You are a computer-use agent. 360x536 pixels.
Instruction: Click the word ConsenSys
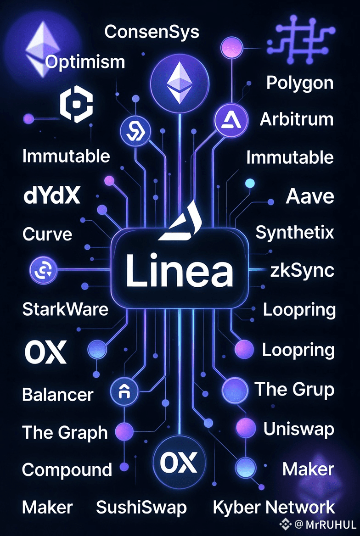click(x=152, y=32)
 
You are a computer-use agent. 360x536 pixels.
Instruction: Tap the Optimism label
click(x=85, y=61)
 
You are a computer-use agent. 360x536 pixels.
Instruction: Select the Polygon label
click(x=300, y=83)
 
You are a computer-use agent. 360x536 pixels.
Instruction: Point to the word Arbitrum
click(x=297, y=119)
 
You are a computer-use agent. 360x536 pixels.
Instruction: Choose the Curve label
click(x=47, y=234)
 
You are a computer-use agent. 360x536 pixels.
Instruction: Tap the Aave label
click(x=310, y=197)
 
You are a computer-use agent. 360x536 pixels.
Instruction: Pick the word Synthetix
click(x=295, y=233)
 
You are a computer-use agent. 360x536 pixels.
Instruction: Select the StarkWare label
click(x=65, y=309)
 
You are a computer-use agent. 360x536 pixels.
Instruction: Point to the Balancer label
click(x=58, y=394)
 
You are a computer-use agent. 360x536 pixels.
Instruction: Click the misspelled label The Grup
click(x=294, y=390)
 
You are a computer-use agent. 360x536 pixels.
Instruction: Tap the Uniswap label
click(x=298, y=429)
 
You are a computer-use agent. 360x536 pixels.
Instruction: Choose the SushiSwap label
click(x=141, y=507)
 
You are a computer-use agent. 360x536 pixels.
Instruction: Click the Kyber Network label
click(x=274, y=507)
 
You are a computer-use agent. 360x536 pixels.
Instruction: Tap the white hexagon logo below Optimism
click(x=76, y=106)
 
